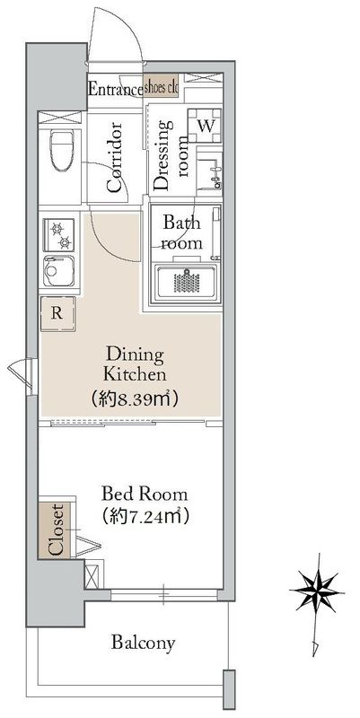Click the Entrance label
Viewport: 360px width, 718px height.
point(115,89)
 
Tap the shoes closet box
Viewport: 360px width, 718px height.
point(162,88)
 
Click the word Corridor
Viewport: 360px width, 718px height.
point(115,157)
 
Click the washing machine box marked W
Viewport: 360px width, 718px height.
point(205,125)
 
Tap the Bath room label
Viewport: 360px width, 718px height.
point(181,234)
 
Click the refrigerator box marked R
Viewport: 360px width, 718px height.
point(57,313)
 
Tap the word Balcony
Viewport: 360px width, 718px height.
point(143,643)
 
